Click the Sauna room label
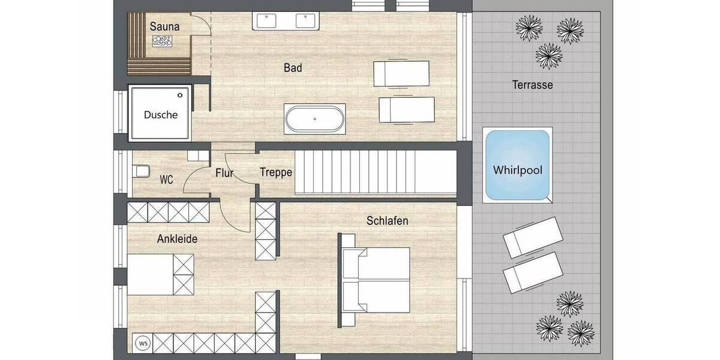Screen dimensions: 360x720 pos(165,26)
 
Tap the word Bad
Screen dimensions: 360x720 pos(293,68)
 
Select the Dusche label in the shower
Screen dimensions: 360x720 pos(161,115)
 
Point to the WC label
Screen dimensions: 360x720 pos(166,179)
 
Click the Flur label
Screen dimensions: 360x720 pos(224,173)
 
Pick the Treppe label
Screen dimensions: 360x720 pos(276,172)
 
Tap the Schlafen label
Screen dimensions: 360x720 pos(388,221)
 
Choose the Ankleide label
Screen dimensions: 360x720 pos(177,239)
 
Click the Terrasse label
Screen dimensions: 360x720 pos(532,85)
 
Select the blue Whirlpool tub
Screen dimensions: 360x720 pos(517,165)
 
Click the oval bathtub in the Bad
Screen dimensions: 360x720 pos(315,119)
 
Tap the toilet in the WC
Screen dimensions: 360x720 pos(142,172)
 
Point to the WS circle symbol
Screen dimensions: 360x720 pos(143,343)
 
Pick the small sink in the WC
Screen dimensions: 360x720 pos(194,155)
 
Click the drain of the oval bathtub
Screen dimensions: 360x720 pos(315,119)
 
